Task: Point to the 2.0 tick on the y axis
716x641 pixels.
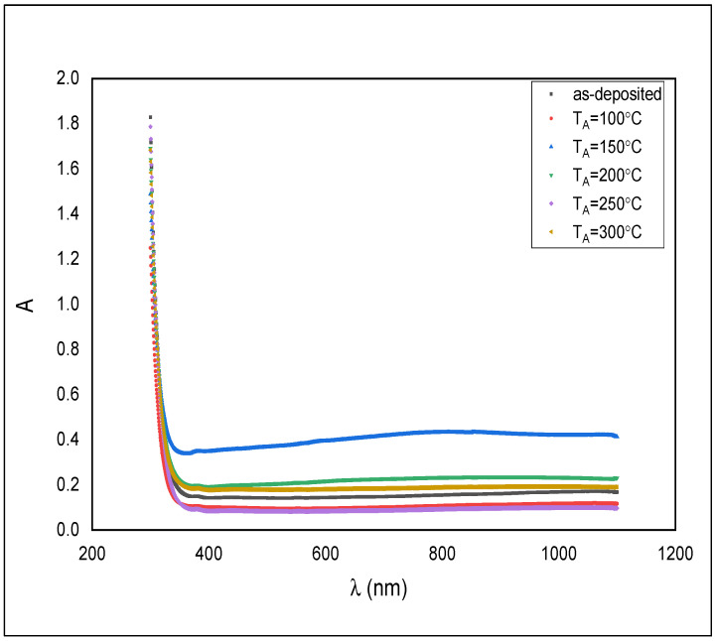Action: click(68, 78)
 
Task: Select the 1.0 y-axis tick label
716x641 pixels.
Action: click(68, 304)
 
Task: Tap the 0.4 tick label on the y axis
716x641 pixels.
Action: click(68, 440)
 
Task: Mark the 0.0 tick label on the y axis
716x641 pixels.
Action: click(68, 530)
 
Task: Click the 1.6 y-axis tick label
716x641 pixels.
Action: click(68, 169)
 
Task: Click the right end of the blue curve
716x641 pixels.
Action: click(617, 436)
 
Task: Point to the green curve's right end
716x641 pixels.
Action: click(617, 478)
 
